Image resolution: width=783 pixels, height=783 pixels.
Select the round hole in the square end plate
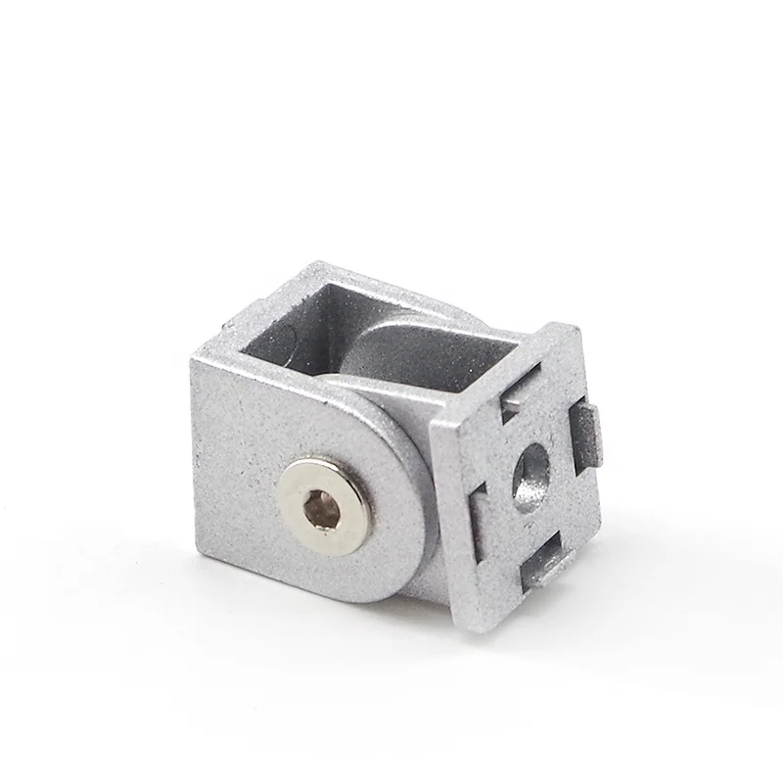coord(529,472)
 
